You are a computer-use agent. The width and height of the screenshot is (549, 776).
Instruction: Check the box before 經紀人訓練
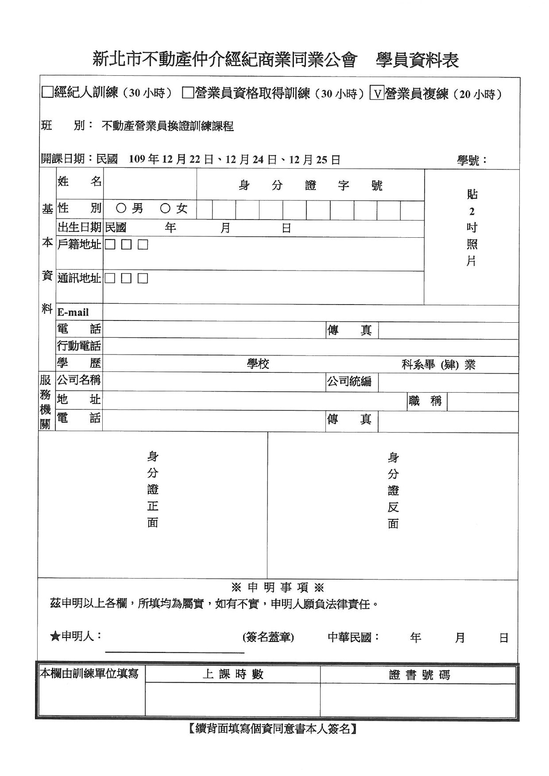point(46,93)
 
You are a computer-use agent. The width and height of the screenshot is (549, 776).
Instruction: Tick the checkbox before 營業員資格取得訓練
point(188,93)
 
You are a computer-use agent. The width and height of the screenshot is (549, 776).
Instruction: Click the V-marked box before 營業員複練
point(377,93)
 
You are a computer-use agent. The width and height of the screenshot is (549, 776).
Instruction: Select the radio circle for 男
point(121,208)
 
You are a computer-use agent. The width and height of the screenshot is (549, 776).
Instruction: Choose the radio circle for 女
point(165,208)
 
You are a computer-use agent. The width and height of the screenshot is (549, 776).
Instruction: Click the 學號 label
point(472,160)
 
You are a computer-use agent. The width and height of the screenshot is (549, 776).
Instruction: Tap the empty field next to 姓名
point(150,184)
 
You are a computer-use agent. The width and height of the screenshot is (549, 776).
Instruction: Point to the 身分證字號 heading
point(310,185)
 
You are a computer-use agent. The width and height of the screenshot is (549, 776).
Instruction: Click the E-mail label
point(73,313)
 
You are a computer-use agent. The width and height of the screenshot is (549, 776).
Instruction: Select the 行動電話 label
point(79,346)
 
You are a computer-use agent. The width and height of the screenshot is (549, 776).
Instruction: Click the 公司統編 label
point(349,382)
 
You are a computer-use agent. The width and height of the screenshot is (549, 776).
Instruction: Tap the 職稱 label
point(425,401)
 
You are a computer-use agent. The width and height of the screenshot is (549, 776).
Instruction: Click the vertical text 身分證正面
point(153,489)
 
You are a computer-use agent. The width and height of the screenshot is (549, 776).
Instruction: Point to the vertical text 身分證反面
point(393,490)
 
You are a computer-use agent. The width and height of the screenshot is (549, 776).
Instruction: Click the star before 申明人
point(55,637)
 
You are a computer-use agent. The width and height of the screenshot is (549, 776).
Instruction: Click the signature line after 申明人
point(174,651)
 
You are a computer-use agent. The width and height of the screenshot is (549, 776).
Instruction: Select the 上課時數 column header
point(233,674)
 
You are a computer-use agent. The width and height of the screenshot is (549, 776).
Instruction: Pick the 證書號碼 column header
point(419,675)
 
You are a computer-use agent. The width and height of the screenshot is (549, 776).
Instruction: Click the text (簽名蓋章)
point(268,637)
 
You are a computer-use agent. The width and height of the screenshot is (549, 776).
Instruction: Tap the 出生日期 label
point(80,228)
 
